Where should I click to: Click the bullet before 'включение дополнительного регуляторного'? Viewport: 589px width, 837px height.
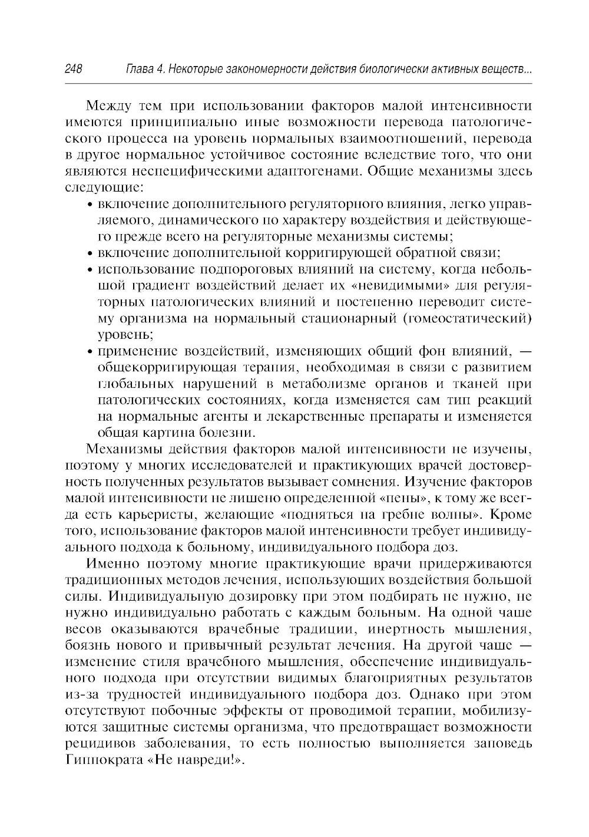(90, 205)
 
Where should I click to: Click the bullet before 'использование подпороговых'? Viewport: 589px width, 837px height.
(90, 271)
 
